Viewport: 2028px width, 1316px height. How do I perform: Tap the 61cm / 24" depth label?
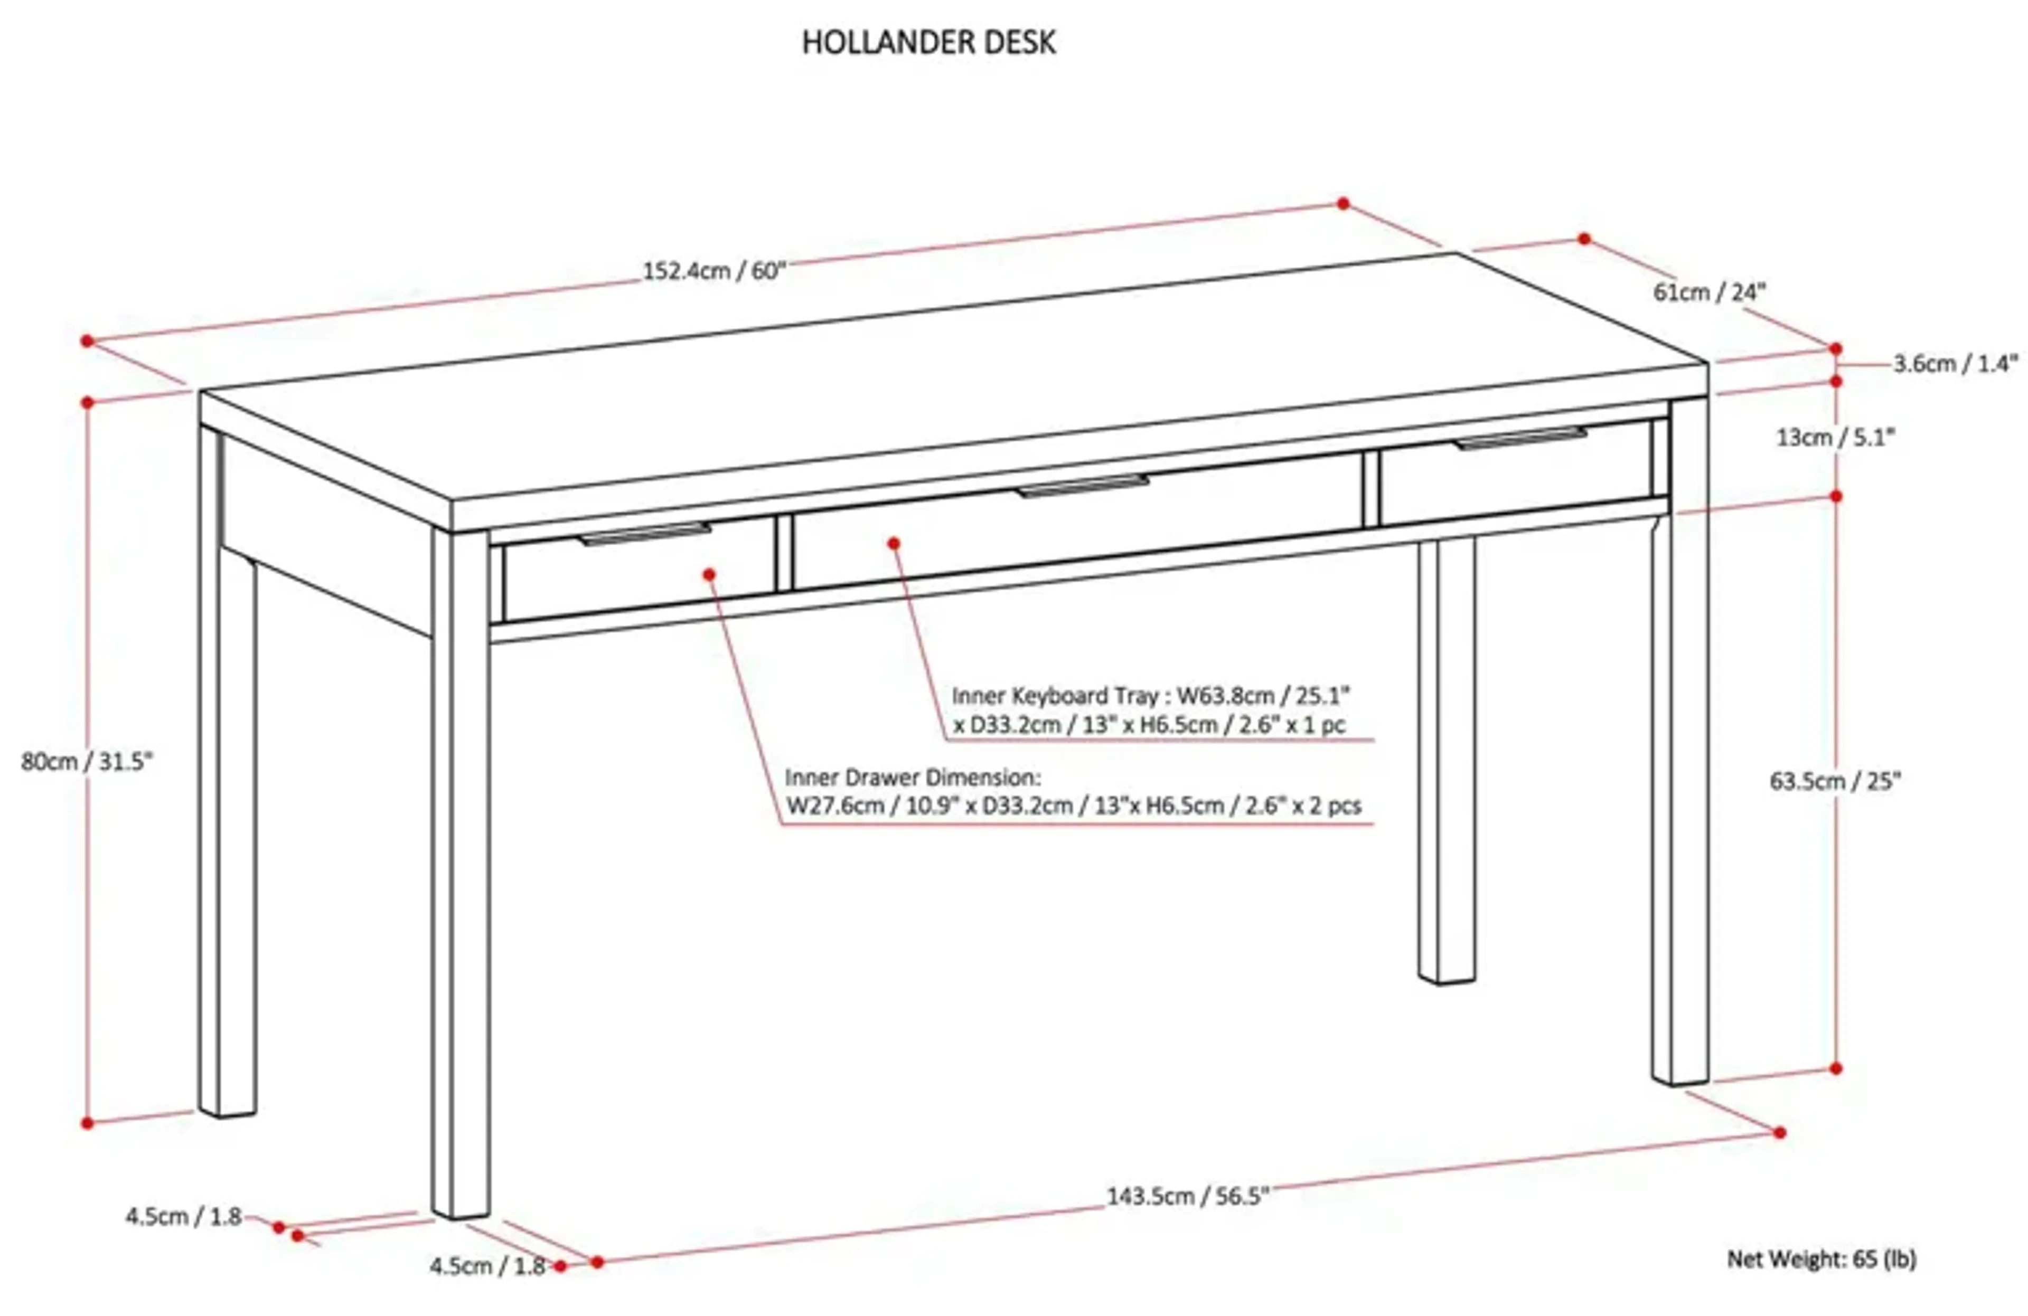pyautogui.click(x=1710, y=292)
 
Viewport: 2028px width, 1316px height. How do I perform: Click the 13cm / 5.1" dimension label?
pyautogui.click(x=1835, y=438)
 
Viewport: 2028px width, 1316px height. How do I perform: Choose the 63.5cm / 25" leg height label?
pyautogui.click(x=1835, y=781)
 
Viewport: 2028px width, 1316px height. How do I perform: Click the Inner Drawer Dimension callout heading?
pyautogui.click(x=912, y=777)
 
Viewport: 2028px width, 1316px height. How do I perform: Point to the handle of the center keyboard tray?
pyautogui.click(x=1082, y=486)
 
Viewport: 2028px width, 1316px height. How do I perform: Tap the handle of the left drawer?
pyautogui.click(x=644, y=534)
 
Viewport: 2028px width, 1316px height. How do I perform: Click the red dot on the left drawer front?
pyautogui.click(x=709, y=575)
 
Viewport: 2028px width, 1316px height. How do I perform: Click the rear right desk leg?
pyautogui.click(x=1446, y=758)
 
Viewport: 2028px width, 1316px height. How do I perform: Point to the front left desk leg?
pyautogui.click(x=460, y=877)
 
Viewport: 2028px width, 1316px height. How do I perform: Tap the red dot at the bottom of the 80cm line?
pyautogui.click(x=87, y=1123)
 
